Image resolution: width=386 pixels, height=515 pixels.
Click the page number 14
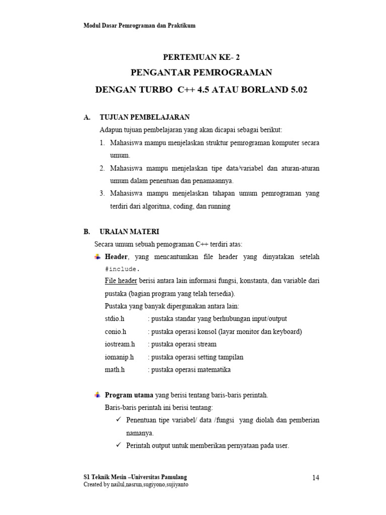coord(316,478)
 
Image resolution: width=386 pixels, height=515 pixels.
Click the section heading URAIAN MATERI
coord(129,231)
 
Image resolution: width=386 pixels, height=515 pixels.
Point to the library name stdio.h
coord(115,319)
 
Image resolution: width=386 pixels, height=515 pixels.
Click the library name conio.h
coord(116,331)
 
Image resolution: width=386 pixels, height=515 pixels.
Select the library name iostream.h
coord(120,344)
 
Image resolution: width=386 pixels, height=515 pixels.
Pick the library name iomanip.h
coord(120,357)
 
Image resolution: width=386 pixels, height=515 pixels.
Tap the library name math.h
coord(115,370)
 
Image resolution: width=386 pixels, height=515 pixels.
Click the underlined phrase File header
coord(121,281)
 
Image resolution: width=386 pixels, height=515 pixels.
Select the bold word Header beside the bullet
coord(116,257)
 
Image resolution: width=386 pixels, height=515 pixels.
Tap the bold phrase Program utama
coord(129,395)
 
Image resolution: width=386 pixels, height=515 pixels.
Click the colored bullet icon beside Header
coord(98,257)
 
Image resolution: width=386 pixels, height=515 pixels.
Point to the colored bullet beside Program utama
coord(98,395)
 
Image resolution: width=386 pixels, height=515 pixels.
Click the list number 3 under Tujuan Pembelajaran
coord(102,194)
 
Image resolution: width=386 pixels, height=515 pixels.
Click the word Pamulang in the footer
coord(177,477)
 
